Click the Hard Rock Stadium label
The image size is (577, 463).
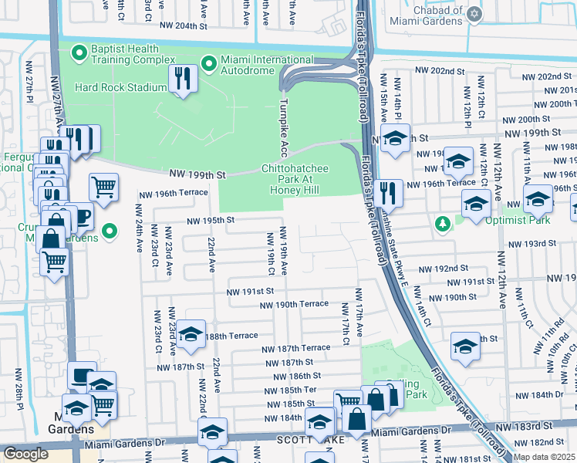coord(120,87)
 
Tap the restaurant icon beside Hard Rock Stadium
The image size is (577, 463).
coord(183,79)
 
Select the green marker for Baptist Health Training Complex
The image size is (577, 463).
coord(77,53)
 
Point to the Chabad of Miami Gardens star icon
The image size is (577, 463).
coord(474,14)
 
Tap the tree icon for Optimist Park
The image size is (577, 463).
coord(443,225)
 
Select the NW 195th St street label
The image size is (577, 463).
coord(209,220)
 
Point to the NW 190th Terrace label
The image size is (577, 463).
coord(294,304)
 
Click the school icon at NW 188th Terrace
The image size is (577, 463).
coord(191,335)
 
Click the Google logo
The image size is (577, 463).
coord(25,453)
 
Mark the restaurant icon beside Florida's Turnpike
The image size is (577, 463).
coord(389,193)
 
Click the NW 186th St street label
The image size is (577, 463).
coord(294,376)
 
